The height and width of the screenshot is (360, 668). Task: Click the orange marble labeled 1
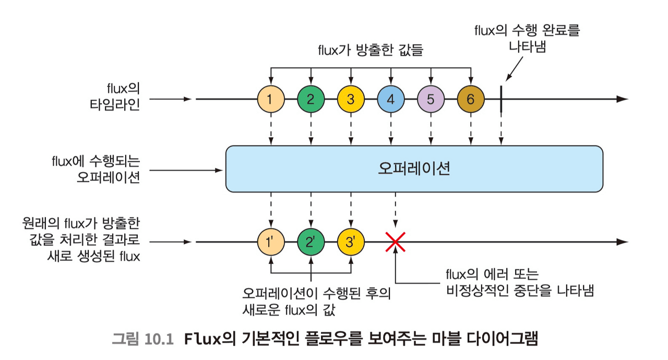tap(271, 98)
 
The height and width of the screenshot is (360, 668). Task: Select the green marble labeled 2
tap(311, 98)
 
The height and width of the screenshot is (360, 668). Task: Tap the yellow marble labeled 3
tap(351, 98)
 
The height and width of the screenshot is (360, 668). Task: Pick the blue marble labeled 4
tap(391, 98)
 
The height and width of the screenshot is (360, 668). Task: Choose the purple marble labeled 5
tap(431, 98)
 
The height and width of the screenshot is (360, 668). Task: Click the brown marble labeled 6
tap(471, 98)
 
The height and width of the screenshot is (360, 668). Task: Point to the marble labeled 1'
tap(271, 242)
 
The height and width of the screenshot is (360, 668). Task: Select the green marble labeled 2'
tap(311, 242)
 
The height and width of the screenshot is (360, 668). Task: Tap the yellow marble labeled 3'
tap(351, 242)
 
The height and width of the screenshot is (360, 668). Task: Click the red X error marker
tap(396, 242)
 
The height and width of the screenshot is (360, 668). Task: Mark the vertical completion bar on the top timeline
tap(501, 99)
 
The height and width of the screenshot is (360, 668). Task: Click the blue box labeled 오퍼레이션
tap(414, 169)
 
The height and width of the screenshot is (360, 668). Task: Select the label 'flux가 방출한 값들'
tap(370, 51)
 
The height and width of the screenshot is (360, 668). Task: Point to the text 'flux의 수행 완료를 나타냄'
tap(527, 37)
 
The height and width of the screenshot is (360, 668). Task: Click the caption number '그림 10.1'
tap(142, 339)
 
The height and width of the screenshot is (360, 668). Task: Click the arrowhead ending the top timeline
tap(623, 99)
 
